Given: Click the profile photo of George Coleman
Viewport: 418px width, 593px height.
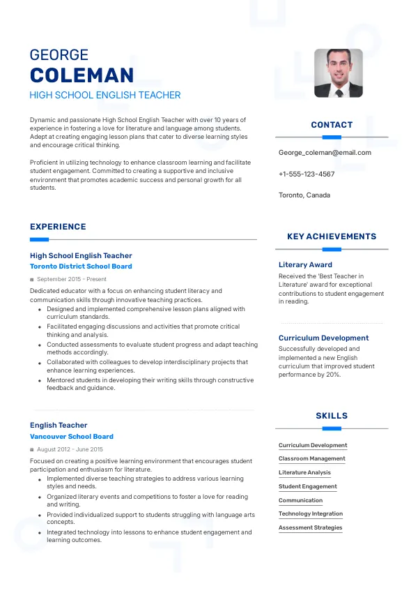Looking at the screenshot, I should pyautogui.click(x=338, y=73).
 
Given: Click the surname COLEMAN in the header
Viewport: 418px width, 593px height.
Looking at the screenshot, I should pyautogui.click(x=82, y=75).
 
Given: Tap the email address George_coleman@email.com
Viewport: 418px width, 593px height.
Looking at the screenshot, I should pyautogui.click(x=325, y=152).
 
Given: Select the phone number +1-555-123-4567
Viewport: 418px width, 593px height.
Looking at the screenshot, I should pyautogui.click(x=307, y=174).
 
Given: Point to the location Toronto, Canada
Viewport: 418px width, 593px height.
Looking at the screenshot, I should pyautogui.click(x=304, y=195).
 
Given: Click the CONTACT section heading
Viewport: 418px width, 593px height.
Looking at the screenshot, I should pyautogui.click(x=332, y=125).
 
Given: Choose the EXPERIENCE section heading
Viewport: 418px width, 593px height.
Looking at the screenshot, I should pyautogui.click(x=58, y=227).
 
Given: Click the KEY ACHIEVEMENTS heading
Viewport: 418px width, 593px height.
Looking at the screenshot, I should pyautogui.click(x=332, y=237).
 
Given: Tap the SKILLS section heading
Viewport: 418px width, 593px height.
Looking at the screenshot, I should pyautogui.click(x=332, y=416).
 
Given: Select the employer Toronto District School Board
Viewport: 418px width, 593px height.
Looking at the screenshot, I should pyautogui.click(x=81, y=267).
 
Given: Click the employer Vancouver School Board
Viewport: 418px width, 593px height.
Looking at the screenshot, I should pyautogui.click(x=72, y=437).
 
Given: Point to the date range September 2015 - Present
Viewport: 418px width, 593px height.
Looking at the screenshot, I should pyautogui.click(x=72, y=279).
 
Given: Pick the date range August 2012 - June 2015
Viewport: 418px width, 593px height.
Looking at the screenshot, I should pyautogui.click(x=70, y=449).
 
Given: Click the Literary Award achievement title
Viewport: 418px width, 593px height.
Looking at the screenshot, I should pyautogui.click(x=305, y=265).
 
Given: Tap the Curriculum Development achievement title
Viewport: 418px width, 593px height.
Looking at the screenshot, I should pyautogui.click(x=323, y=338).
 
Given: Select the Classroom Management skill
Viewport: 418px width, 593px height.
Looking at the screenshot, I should pyautogui.click(x=311, y=459).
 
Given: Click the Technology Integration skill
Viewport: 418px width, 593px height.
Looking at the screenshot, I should pyautogui.click(x=311, y=513).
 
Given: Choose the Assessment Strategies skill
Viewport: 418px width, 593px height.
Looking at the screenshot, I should pyautogui.click(x=310, y=527).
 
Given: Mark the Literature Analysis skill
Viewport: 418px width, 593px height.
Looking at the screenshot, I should pyautogui.click(x=304, y=472).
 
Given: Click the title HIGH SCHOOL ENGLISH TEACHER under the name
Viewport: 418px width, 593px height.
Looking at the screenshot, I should pyautogui.click(x=105, y=95).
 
